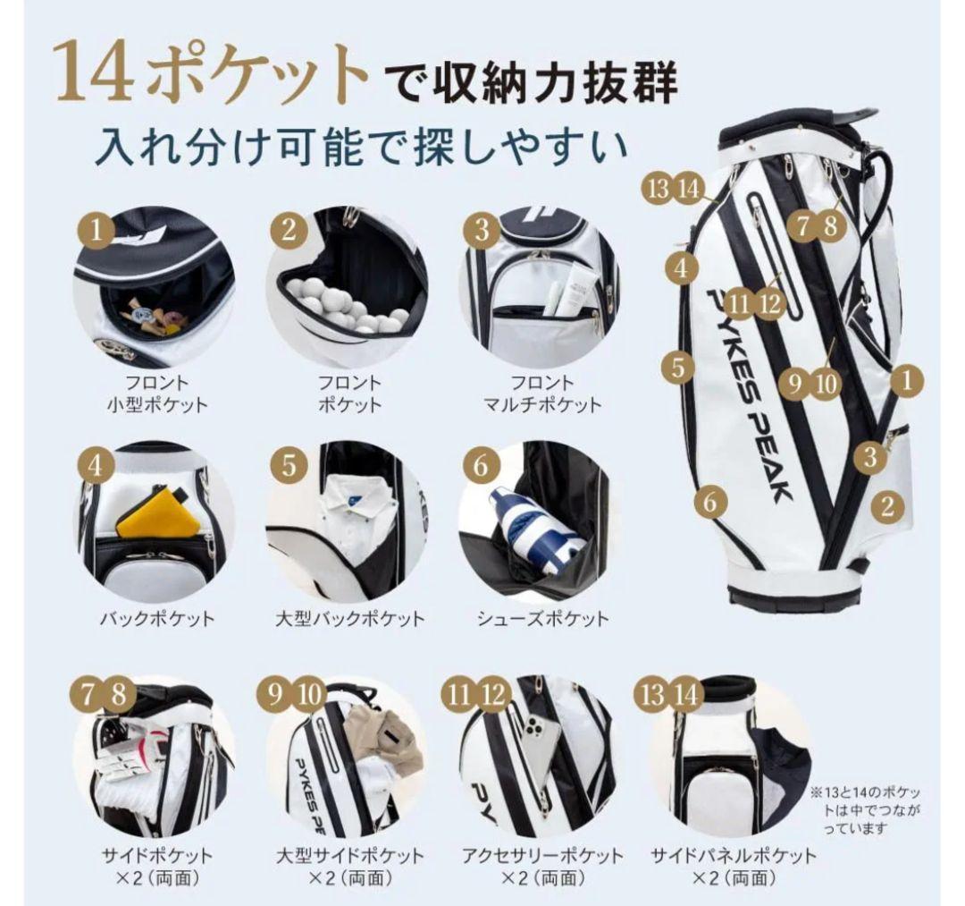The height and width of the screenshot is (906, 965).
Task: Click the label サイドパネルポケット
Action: tap(734, 855)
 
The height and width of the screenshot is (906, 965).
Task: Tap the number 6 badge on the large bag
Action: tap(709, 502)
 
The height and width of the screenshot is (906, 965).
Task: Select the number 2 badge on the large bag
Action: tap(886, 506)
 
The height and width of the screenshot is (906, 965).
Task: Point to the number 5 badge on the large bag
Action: tap(679, 365)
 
